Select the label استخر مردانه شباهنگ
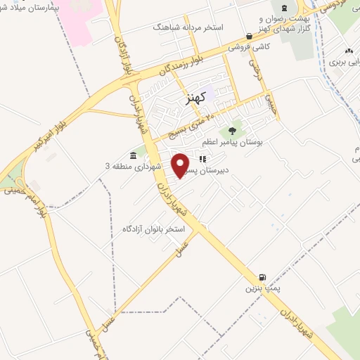point(188,27)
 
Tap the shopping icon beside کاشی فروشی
point(249,37)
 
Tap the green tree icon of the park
point(231,131)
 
